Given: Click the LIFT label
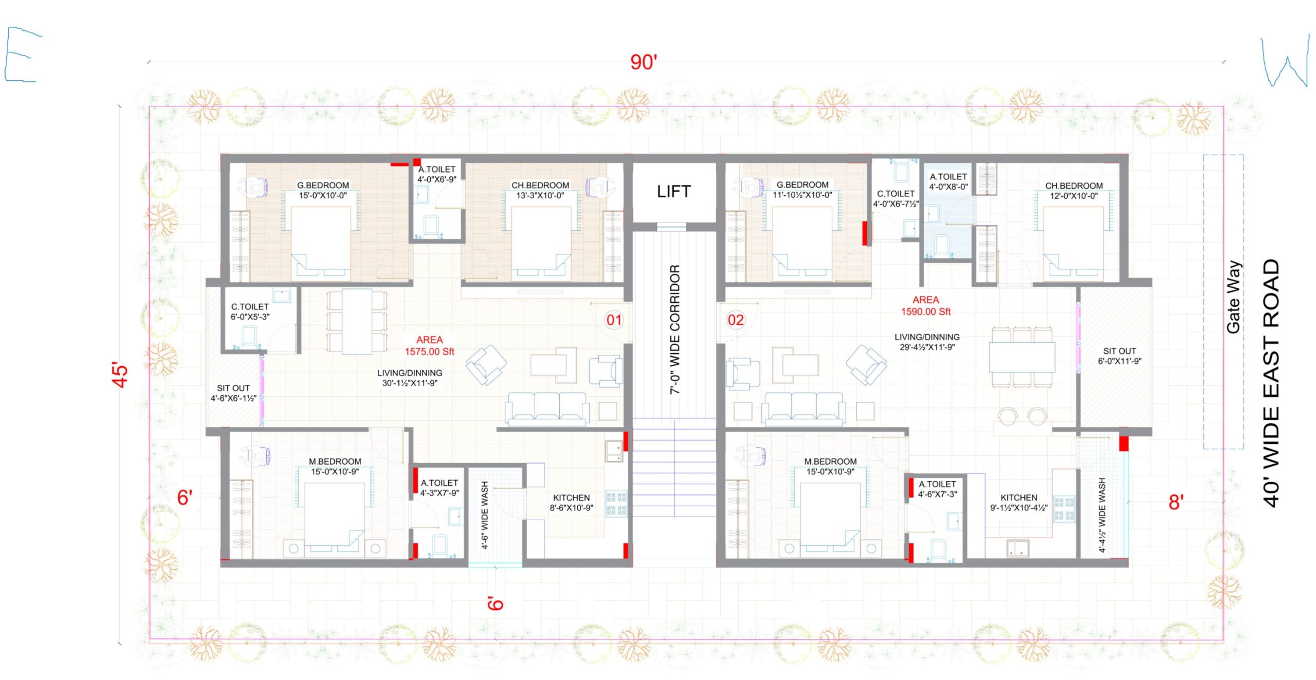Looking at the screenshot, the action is coord(674,192).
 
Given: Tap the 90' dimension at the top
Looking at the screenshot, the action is coord(643,62).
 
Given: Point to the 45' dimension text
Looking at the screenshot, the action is coord(120,376).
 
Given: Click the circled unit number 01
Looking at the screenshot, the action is coord(614,320).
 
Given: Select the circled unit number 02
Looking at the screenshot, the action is coord(736,320).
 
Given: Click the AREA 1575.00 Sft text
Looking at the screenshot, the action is coord(429,346).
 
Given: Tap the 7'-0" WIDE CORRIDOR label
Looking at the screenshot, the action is coord(675,329).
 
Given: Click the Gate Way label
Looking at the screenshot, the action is coord(1233,297).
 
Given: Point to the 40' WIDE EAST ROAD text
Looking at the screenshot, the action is coord(1272,383).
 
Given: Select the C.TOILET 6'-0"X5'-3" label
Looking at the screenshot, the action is coord(250,311).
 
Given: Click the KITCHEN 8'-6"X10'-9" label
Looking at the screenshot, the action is coord(571,503).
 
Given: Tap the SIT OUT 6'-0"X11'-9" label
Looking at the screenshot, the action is coord(1119,356).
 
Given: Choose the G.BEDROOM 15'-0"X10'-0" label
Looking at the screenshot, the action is coord(323,190).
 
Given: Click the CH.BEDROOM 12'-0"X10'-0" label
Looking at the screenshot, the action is coord(1074,190).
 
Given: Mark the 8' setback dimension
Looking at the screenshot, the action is coord(1176,502).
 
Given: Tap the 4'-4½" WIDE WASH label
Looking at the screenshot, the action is coord(1102,515).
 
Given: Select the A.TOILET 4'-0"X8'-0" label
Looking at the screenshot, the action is coord(948,182).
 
